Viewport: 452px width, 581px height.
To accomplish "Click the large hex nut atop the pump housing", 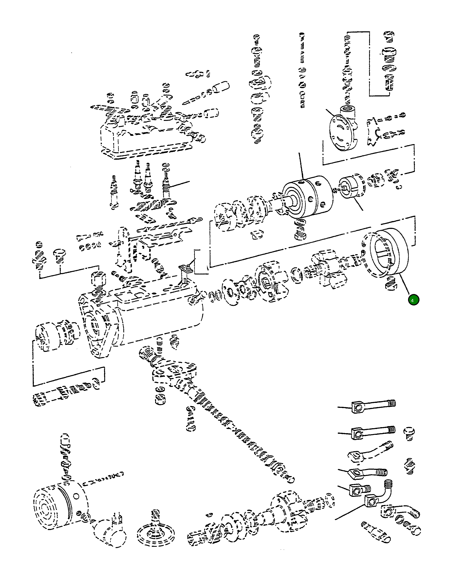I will pos(99,279).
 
